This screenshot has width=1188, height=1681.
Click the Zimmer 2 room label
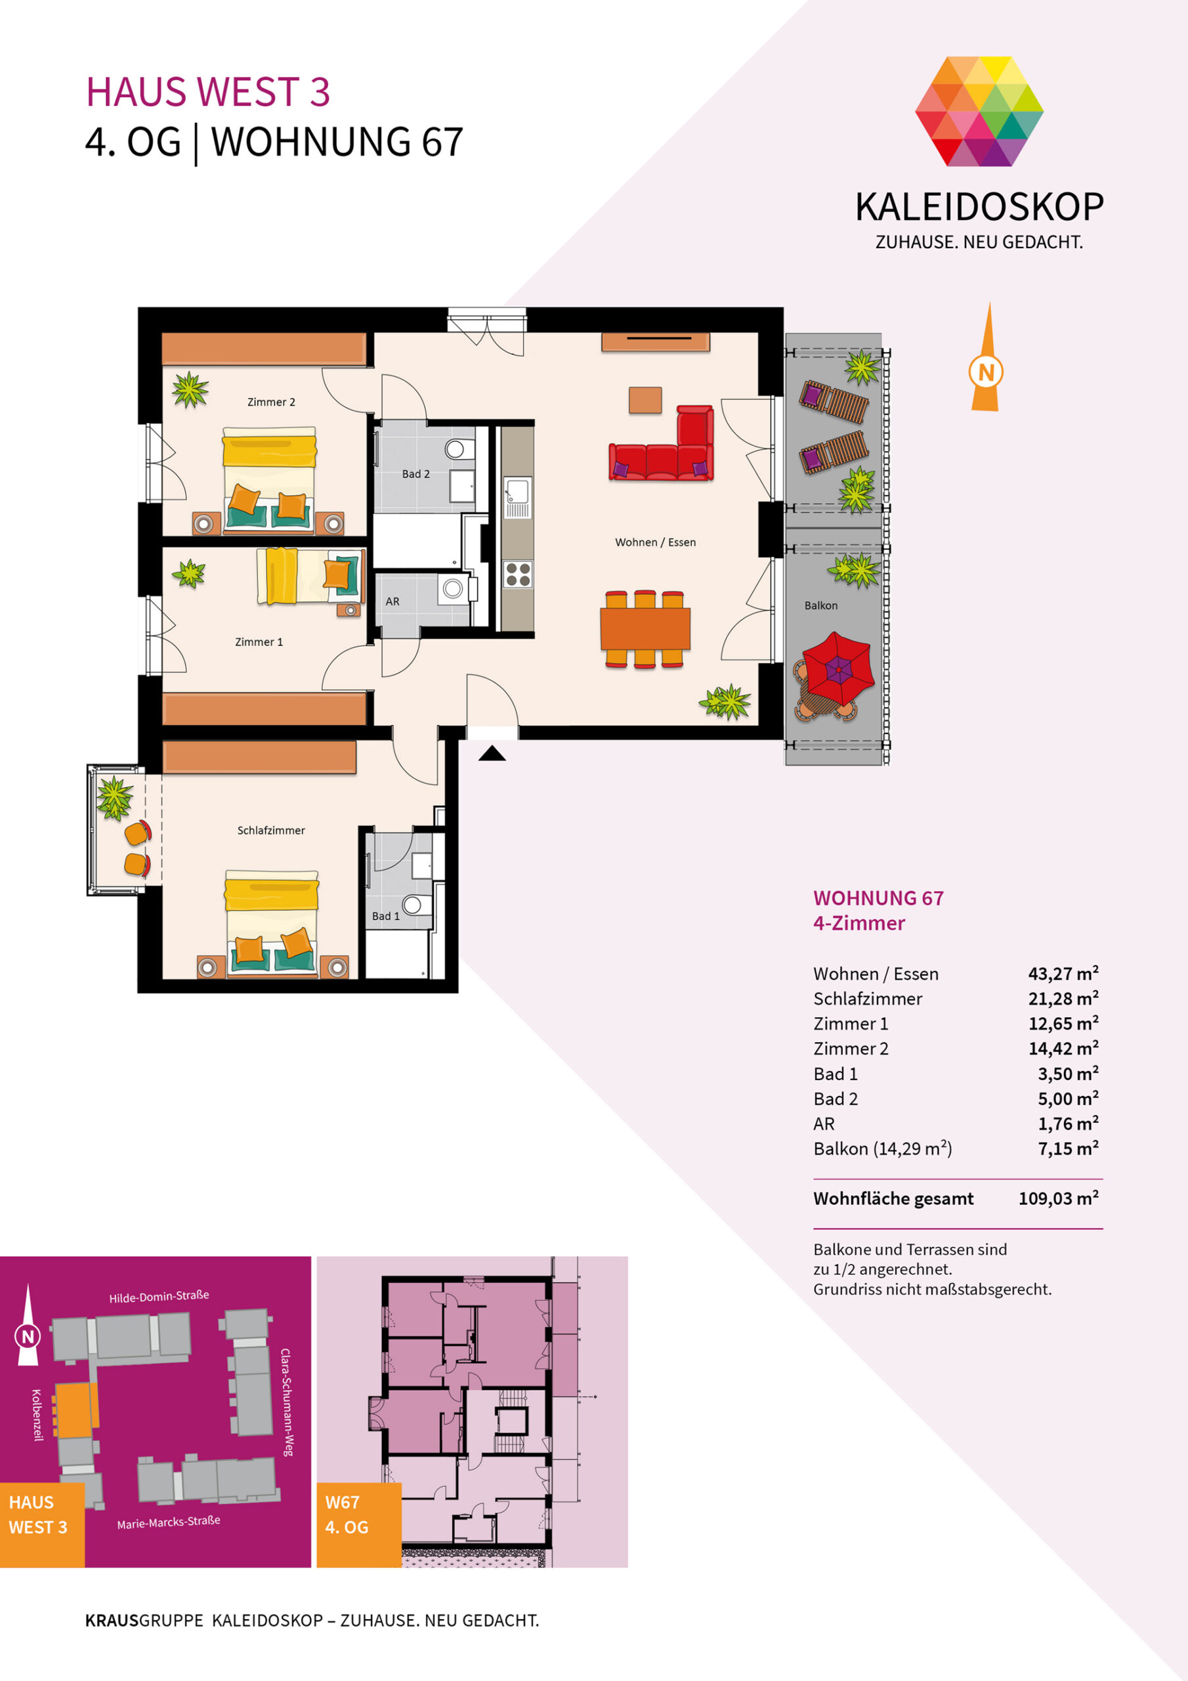pyautogui.click(x=271, y=402)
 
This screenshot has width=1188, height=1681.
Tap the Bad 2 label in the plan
pyautogui.click(x=415, y=473)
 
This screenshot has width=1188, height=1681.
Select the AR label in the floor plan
pyautogui.click(x=392, y=601)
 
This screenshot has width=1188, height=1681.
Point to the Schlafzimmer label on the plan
pyautogui.click(x=271, y=830)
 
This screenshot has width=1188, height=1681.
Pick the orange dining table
pyautogui.click(x=645, y=629)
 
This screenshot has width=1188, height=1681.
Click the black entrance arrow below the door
pyautogui.click(x=492, y=753)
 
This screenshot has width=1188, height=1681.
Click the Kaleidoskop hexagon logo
pyautogui.click(x=979, y=111)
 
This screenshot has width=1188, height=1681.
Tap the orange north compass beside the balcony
pyautogui.click(x=986, y=357)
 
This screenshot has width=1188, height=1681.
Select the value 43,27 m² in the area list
pyautogui.click(x=1063, y=973)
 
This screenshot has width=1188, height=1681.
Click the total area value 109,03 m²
pyautogui.click(x=1059, y=1198)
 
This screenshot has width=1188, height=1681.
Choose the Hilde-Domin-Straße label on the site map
pyautogui.click(x=159, y=1297)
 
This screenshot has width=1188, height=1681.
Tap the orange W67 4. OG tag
pyautogui.click(x=358, y=1525)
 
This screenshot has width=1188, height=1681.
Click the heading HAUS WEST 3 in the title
pyautogui.click(x=208, y=92)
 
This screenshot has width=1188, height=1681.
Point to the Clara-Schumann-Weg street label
pyautogui.click(x=287, y=1401)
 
